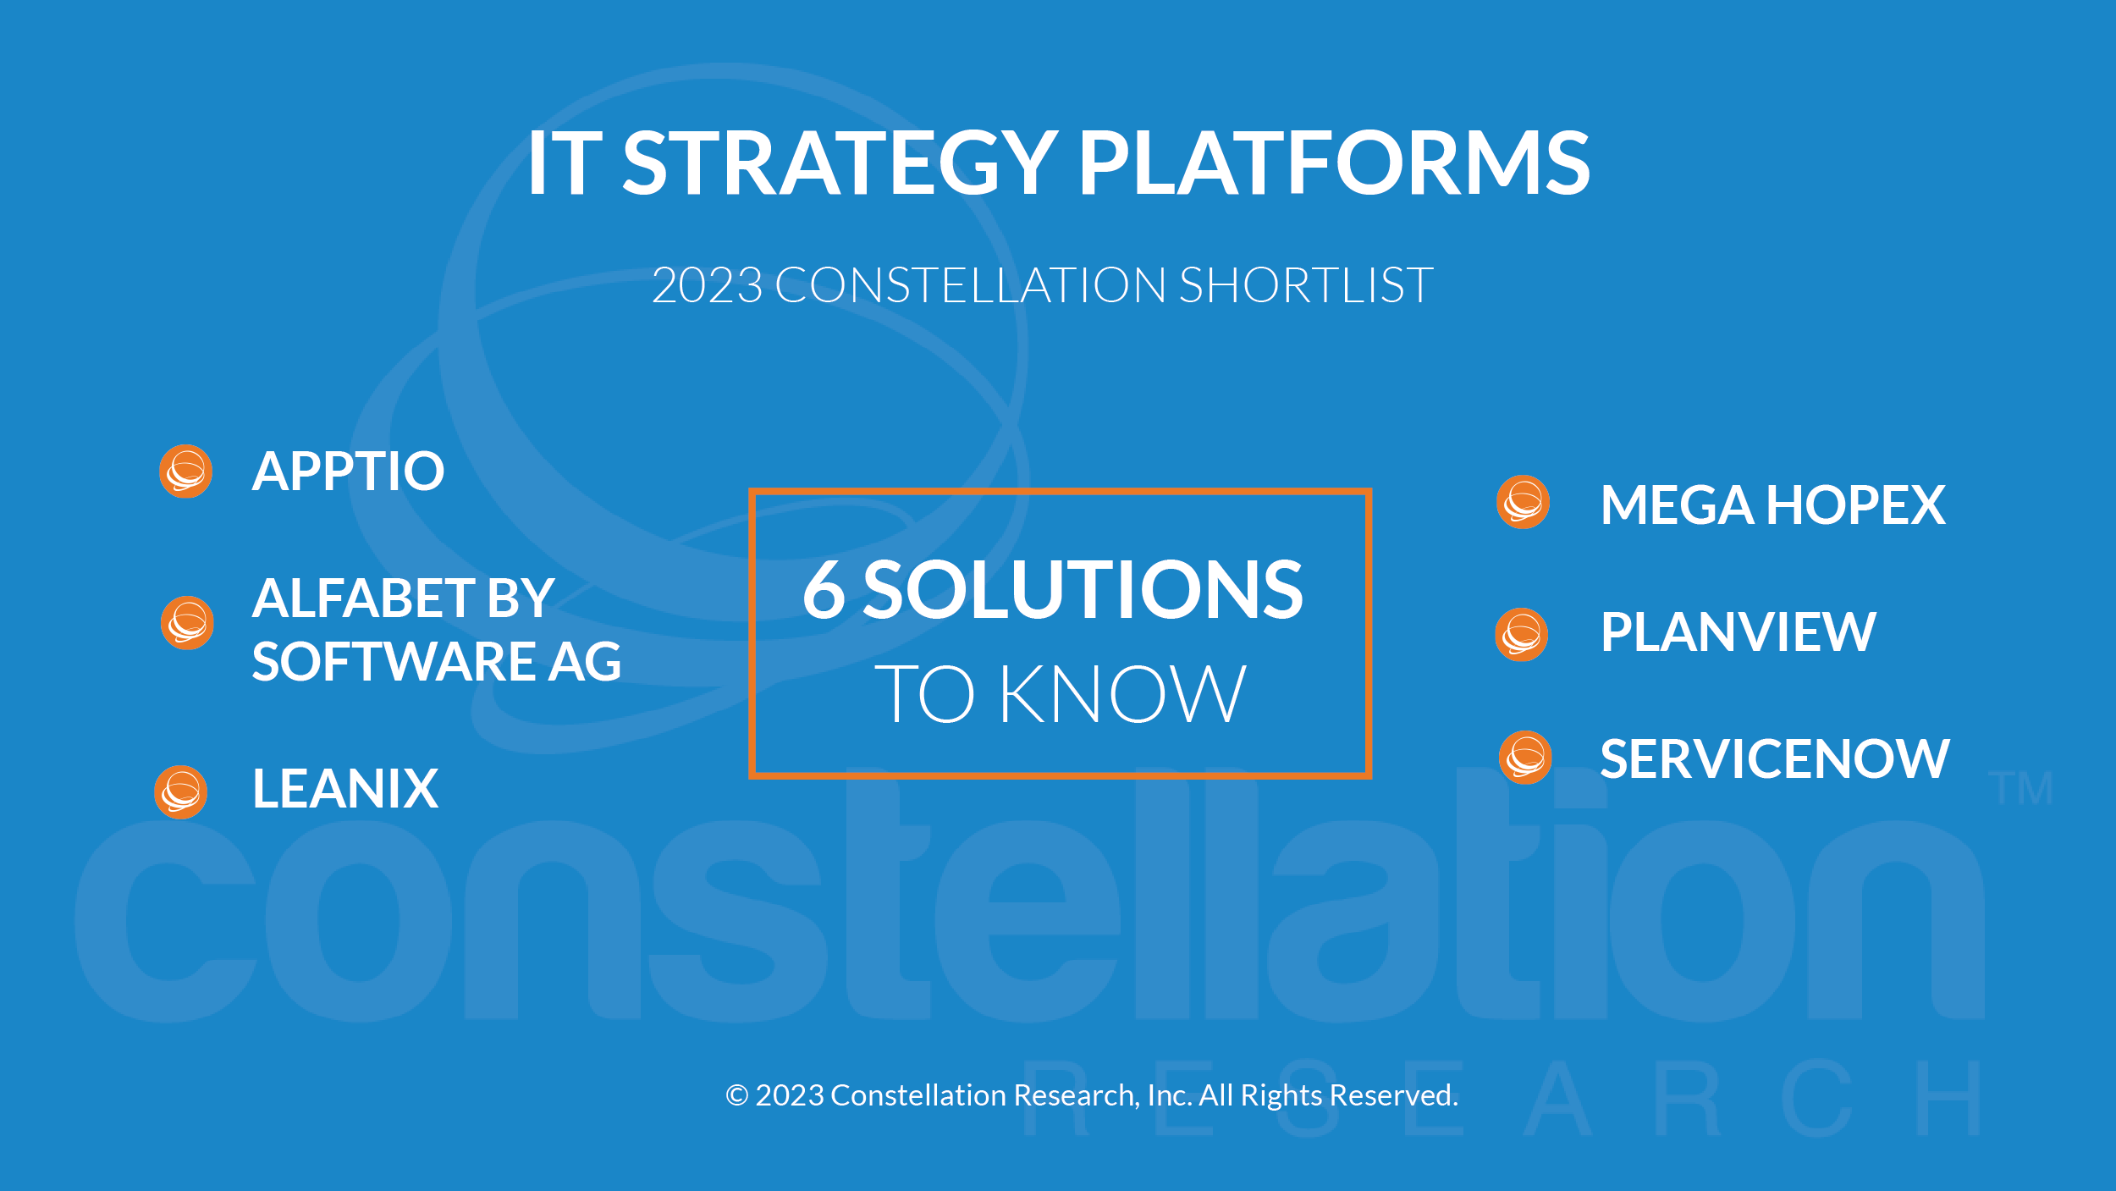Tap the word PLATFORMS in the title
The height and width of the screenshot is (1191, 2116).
coord(1334,163)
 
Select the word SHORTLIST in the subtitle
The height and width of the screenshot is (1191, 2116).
coord(1306,284)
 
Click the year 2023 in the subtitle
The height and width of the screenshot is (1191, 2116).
coord(708,284)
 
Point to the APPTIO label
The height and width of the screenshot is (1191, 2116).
coord(348,471)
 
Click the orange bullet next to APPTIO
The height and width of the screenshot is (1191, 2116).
coord(185,471)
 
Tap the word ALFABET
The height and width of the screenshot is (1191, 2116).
coord(363,598)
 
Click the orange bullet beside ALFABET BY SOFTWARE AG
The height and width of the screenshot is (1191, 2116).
coord(187,623)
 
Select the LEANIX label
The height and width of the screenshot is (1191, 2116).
coord(345,788)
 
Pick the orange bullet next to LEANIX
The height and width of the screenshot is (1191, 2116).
coord(181,792)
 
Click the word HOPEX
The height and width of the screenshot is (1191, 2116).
coord(1855,505)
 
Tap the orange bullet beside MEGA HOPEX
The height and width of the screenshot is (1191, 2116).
coord(1523,502)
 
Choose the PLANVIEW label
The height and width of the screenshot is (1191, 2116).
coord(1738,631)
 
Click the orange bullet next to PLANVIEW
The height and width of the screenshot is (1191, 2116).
coord(1522,634)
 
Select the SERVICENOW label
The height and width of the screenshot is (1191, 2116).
coord(1774,758)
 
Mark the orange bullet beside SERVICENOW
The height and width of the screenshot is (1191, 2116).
coord(1525,758)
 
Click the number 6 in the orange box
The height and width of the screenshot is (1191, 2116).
coord(824,589)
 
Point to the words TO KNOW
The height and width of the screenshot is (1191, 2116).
coord(1060,694)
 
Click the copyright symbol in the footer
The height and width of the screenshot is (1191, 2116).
coord(737,1095)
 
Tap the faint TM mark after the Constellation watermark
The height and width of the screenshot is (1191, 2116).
coord(2020,788)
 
